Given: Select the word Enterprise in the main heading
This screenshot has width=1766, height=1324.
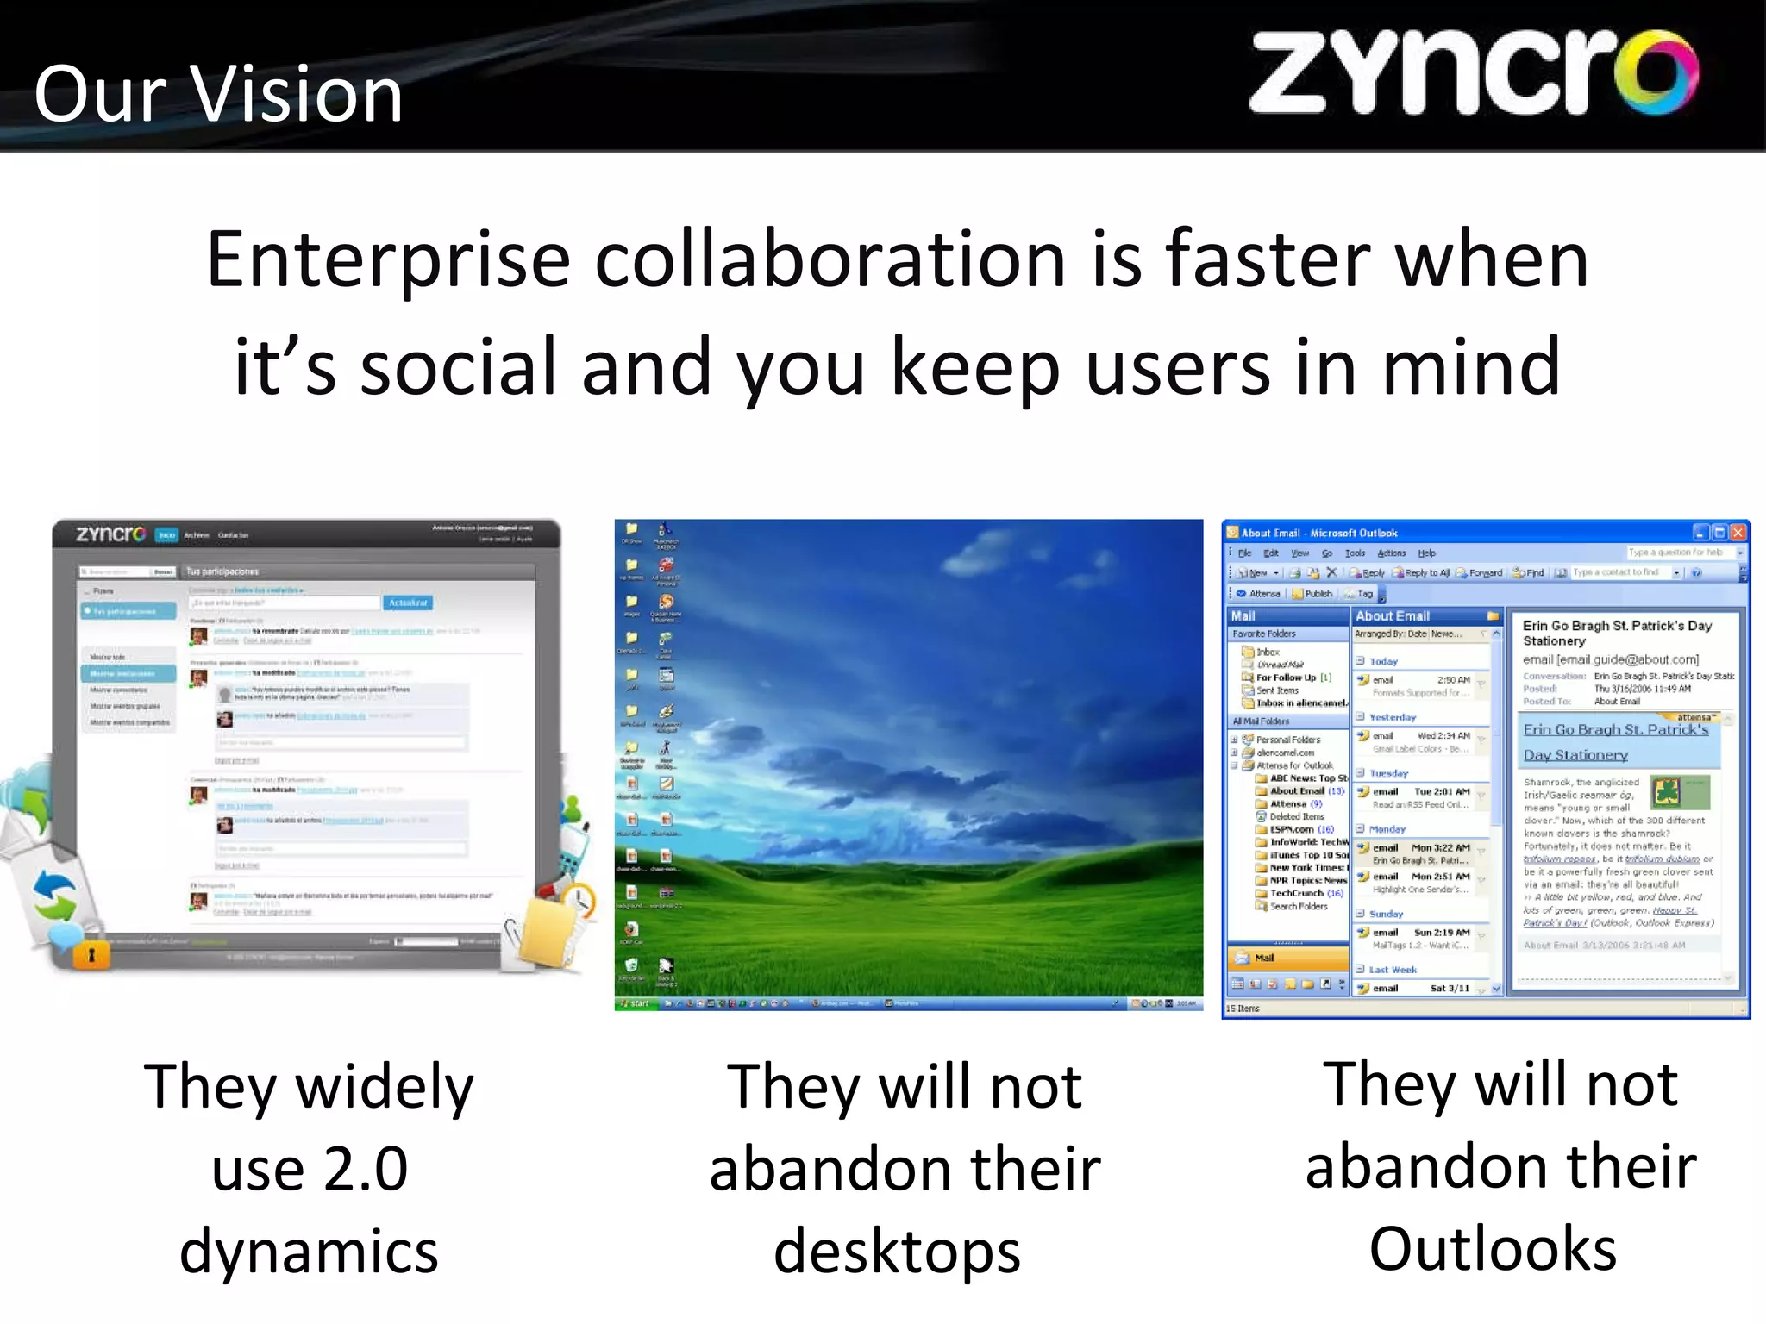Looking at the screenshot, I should point(388,260).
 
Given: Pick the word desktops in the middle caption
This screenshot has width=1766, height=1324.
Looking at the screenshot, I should point(897,1252).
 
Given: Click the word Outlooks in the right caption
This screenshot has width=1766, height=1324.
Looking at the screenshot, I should point(1493,1249).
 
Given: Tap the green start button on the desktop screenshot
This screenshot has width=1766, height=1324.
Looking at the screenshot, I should point(636,1003).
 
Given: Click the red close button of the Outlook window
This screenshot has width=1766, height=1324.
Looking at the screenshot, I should point(1738,532).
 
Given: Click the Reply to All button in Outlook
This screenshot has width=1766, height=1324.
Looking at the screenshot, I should point(1422,572).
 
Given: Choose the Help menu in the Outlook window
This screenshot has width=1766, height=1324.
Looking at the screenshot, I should point(1427,553).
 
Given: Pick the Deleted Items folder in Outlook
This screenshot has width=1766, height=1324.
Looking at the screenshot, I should point(1296,816).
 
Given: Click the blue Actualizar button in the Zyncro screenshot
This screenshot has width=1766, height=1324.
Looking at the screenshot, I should point(408,603).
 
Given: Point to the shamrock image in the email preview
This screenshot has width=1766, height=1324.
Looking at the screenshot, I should point(1668,791).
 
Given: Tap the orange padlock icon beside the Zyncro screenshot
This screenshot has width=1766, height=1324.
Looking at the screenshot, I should point(91,955).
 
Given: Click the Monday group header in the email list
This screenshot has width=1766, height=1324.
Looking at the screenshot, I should point(1387,829).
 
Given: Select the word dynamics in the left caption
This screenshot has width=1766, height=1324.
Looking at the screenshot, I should point(309,1252).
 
